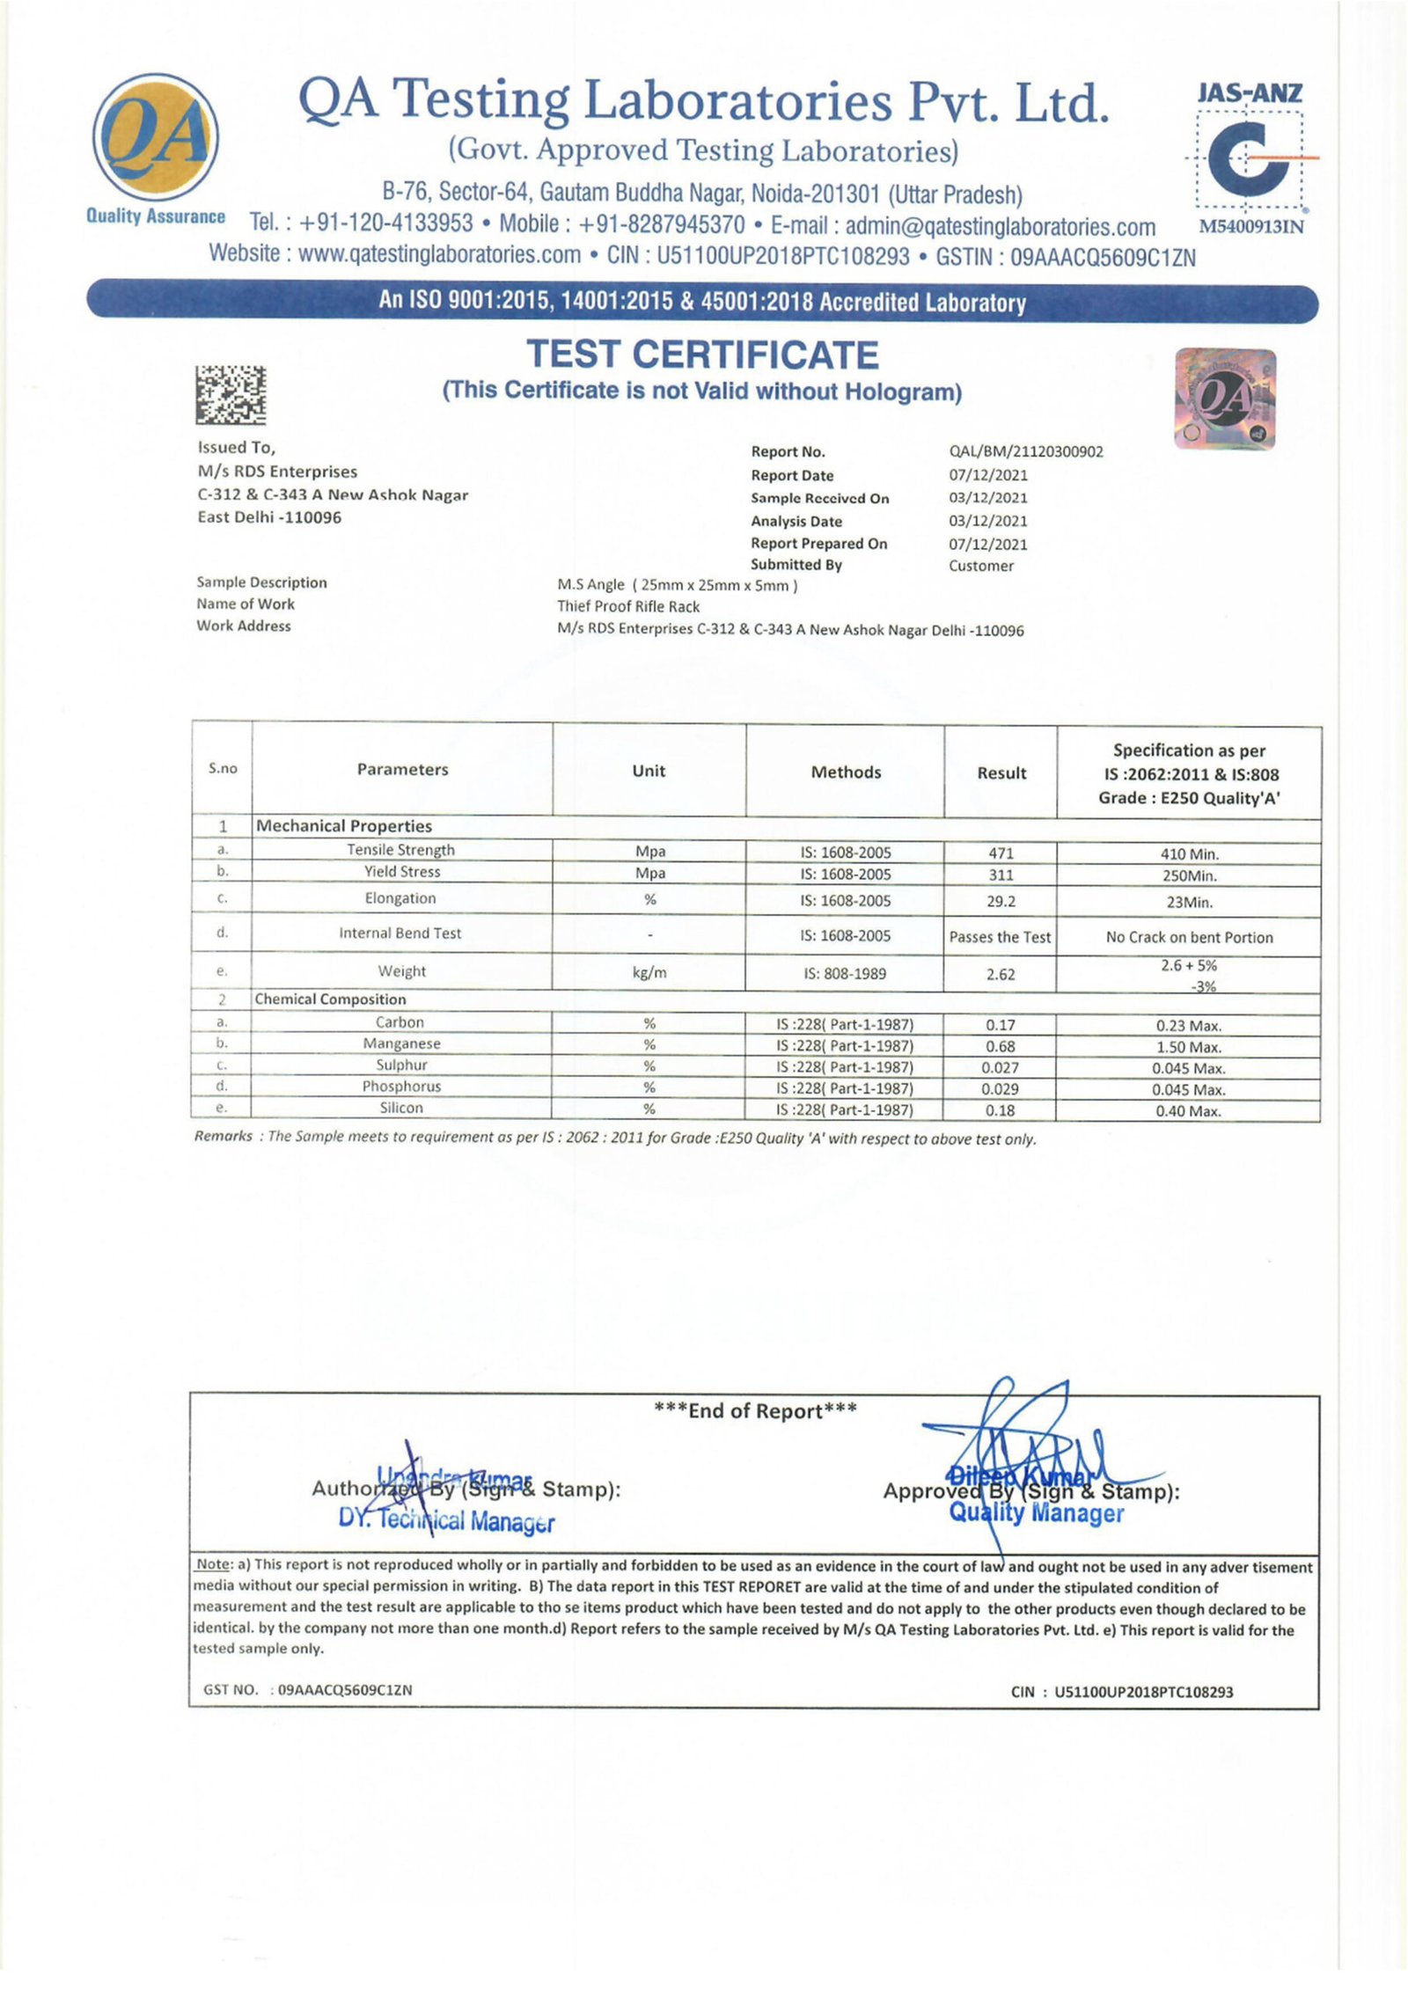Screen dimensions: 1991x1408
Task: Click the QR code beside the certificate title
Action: pyautogui.click(x=231, y=394)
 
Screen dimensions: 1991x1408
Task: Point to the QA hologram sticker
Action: pyautogui.click(x=1225, y=399)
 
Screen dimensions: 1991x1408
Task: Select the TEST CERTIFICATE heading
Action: pyautogui.click(x=702, y=355)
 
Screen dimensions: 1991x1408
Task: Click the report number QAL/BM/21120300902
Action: pyautogui.click(x=1025, y=452)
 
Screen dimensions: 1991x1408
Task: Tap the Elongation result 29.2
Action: pyautogui.click(x=1001, y=902)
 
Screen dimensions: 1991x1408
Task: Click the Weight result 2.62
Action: pyautogui.click(x=1001, y=975)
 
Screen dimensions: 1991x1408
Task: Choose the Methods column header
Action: pyautogui.click(x=846, y=772)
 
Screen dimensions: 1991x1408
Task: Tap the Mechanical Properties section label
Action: pyautogui.click(x=344, y=826)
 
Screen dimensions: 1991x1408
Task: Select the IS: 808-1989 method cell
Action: pyautogui.click(x=844, y=974)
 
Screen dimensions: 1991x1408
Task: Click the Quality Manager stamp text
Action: pyautogui.click(x=1036, y=1513)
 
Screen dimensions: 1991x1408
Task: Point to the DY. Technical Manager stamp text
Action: pyautogui.click(x=446, y=1520)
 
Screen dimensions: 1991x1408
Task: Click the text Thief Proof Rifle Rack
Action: pyautogui.click(x=628, y=607)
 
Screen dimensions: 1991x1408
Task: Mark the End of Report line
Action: pyautogui.click(x=755, y=1411)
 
